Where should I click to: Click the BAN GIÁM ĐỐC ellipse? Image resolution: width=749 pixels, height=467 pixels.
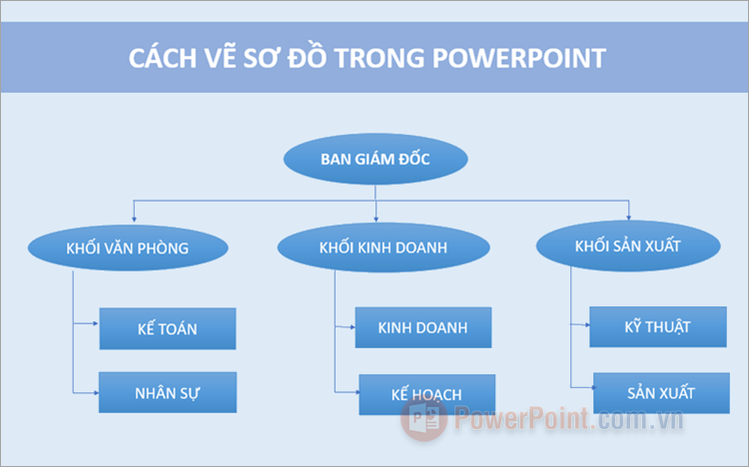pos(375,160)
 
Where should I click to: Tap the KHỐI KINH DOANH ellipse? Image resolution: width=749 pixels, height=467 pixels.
pos(375,246)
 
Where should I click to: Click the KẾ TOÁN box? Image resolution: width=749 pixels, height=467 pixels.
pos(167,329)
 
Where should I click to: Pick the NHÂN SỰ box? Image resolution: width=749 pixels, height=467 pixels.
pos(167,392)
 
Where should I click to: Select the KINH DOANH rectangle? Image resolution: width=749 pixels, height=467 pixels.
pos(422,327)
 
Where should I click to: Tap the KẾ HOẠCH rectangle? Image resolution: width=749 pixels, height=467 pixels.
pos(426,394)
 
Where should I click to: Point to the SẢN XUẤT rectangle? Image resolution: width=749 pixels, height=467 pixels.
pos(659,392)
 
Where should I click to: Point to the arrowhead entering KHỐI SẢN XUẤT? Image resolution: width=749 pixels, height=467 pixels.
pos(628,217)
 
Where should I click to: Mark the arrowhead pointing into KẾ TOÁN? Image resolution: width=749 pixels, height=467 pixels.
pos(95,324)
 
